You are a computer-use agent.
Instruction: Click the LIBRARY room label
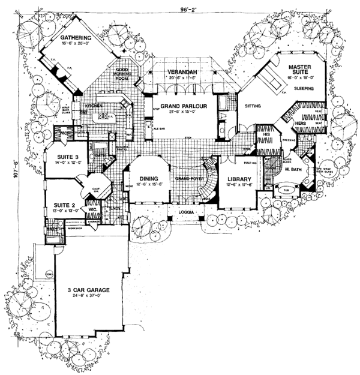(238, 179)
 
